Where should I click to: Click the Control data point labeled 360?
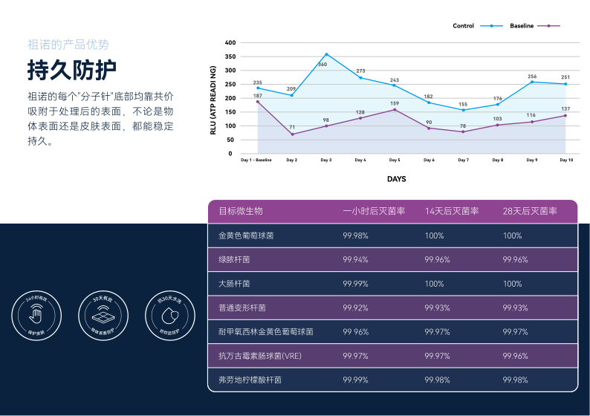pos(326,54)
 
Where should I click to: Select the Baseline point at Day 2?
pos(292,134)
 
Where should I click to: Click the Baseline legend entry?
pos(522,26)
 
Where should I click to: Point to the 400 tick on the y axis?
pos(229,42)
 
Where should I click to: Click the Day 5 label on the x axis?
pos(395,160)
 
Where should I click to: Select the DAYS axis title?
pos(396,179)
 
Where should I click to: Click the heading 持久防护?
pos(72,70)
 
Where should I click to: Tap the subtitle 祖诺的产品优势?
pos(68,44)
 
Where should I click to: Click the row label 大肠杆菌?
pos(234,284)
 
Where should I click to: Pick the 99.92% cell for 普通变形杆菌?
pos(355,308)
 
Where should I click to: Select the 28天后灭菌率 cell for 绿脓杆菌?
pos(515,260)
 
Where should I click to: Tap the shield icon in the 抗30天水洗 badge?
pos(169,316)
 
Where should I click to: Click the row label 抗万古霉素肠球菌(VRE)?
pos(260,356)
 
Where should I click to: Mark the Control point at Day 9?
pos(532,82)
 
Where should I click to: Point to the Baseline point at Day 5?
pos(395,109)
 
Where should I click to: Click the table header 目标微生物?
pos(240,211)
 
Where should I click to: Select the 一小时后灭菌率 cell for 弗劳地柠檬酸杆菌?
pos(355,380)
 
